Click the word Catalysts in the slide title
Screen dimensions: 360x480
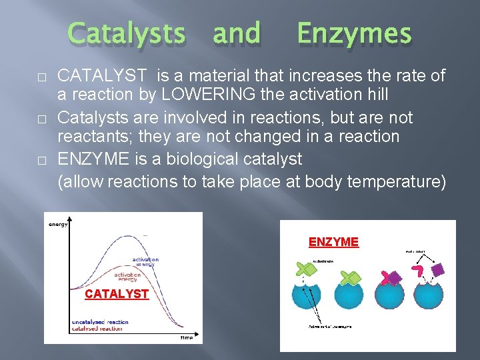127,33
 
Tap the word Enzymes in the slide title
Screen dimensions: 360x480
353,33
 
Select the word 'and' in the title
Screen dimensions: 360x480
236,33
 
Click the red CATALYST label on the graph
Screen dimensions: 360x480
116,294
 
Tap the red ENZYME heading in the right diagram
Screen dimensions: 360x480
333,242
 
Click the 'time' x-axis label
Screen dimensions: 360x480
187,337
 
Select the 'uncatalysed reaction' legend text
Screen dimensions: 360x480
100,322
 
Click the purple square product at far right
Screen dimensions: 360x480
437,270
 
